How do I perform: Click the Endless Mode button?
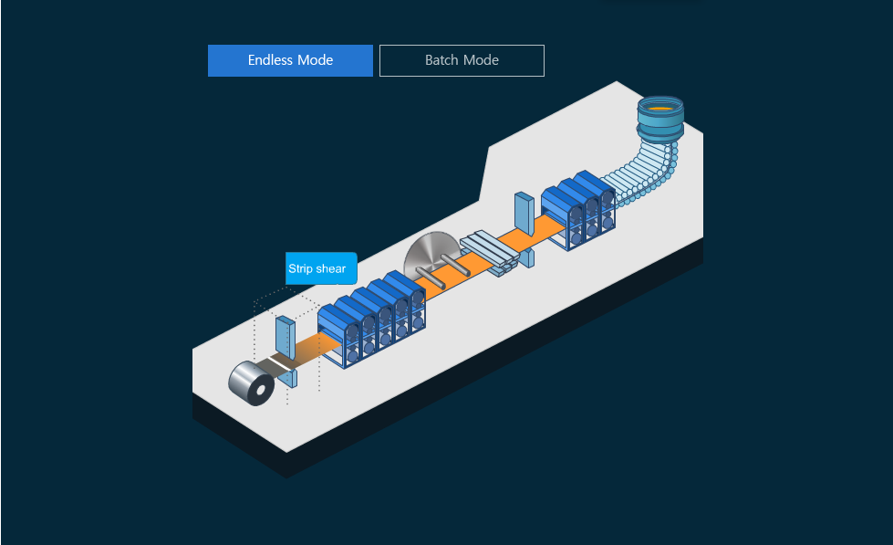[x=290, y=60]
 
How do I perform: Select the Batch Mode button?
[x=462, y=60]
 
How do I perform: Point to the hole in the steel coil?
[x=262, y=390]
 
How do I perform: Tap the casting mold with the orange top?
[x=660, y=118]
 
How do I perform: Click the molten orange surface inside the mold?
[x=660, y=107]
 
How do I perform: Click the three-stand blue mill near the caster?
[x=578, y=211]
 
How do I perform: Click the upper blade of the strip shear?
[x=285, y=336]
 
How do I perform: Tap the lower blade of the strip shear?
[x=291, y=377]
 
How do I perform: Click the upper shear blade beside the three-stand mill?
[x=524, y=212]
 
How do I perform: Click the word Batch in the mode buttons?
[x=442, y=60]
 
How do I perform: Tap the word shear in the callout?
[x=330, y=268]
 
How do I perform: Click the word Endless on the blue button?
[x=271, y=60]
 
